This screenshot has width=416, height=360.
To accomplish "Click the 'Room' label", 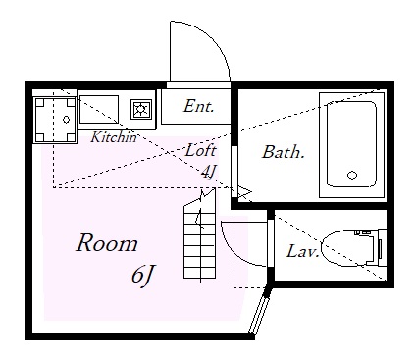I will pos(107,243).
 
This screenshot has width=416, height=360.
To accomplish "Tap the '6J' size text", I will pos(142,276).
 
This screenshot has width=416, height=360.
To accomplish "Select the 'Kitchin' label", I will pos(114,137).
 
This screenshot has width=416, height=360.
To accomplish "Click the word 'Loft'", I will pos(200,151).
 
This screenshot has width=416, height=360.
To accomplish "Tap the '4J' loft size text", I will pos(208,171).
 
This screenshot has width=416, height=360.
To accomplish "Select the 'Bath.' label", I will pos(283,152).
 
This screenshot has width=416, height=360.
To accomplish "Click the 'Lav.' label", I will pos(300,250).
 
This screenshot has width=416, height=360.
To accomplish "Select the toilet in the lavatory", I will pos(346,247).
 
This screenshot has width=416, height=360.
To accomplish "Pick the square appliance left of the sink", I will pos(55,117).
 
